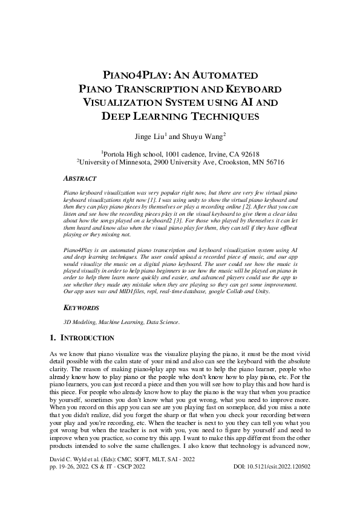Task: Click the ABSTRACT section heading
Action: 80,179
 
